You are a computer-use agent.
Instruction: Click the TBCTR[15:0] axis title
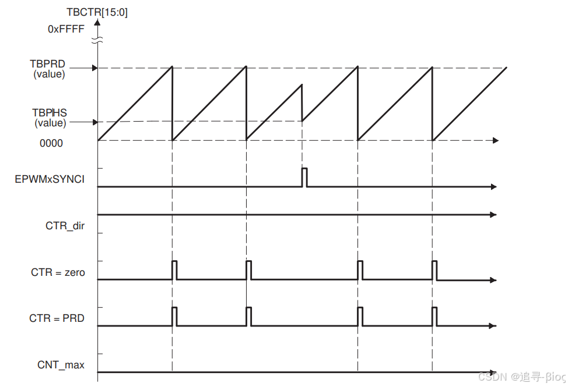pos(97,12)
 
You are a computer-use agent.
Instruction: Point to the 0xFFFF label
pos(66,27)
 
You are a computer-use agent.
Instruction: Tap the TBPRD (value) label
pos(49,69)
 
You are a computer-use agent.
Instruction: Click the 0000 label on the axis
pos(51,143)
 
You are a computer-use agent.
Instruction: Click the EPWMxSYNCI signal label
pos(50,179)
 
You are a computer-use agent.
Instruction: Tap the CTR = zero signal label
pos(58,272)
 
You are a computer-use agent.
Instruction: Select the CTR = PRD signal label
pos(57,318)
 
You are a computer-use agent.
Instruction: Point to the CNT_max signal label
pos(61,365)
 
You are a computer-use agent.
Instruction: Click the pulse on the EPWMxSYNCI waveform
pos(304,177)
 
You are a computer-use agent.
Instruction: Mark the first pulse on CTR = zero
pos(174,270)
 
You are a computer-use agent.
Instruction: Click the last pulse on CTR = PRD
pos(434,317)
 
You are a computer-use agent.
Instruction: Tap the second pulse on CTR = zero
pos(249,270)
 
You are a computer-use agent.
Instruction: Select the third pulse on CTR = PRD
pos(360,317)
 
